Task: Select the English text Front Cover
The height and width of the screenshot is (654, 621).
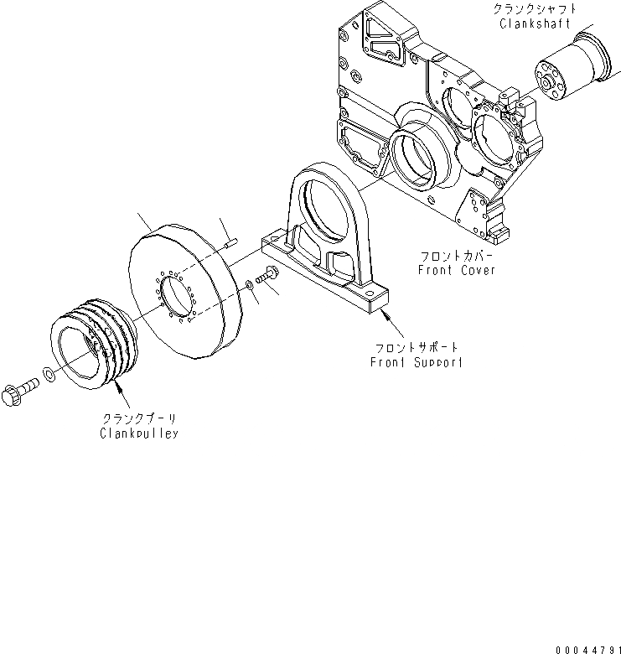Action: coord(456,270)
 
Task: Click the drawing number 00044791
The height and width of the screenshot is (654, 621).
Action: coord(582,646)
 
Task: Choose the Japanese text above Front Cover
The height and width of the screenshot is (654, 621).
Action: coord(456,255)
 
